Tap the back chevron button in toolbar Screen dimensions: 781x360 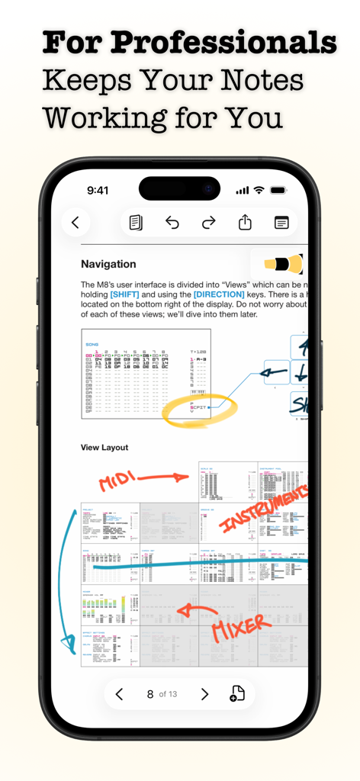[x=76, y=223]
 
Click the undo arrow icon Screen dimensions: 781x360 [x=172, y=223]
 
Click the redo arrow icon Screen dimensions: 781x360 [x=208, y=223]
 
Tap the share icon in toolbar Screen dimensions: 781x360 [x=245, y=223]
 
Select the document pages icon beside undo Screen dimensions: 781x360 [x=136, y=223]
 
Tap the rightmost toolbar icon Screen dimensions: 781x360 [x=281, y=223]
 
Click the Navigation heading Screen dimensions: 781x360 [x=108, y=265]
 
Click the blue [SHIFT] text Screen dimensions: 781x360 [x=125, y=294]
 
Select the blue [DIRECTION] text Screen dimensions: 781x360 [x=219, y=294]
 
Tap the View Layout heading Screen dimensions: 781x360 [x=104, y=448]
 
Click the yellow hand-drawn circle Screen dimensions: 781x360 [x=201, y=410]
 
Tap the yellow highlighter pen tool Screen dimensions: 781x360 [x=282, y=264]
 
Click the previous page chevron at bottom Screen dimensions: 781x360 [x=119, y=694]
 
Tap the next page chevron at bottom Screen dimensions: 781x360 [x=204, y=694]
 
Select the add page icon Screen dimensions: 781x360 [x=237, y=694]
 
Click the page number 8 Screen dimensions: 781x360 [x=150, y=694]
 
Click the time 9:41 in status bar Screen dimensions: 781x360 [x=98, y=191]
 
